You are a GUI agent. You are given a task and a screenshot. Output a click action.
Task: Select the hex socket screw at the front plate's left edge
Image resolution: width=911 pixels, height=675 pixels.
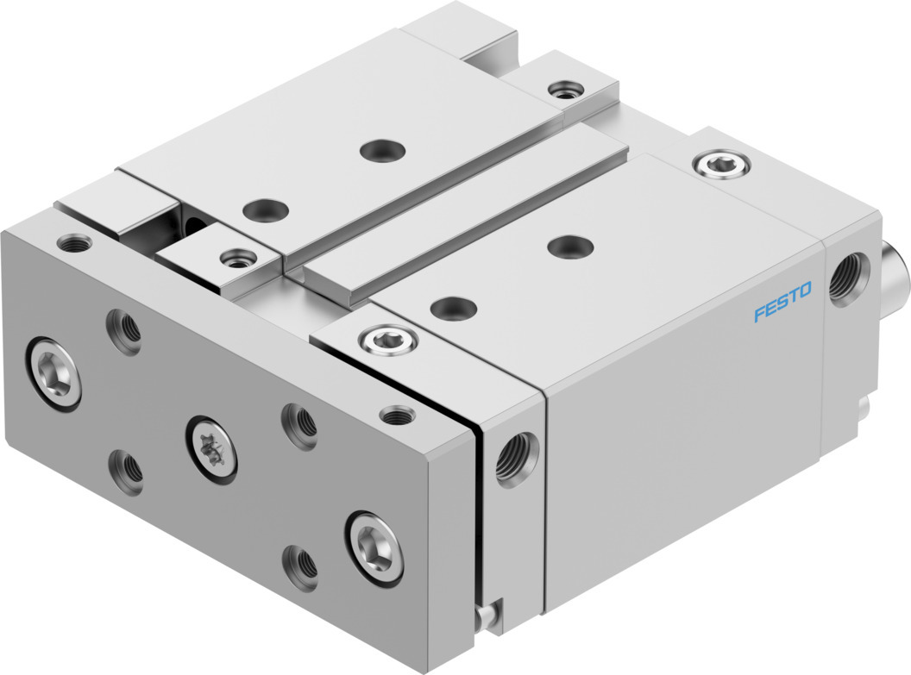[x=53, y=374]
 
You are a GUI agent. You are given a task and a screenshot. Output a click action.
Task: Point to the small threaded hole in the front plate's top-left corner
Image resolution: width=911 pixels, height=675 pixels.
[x=75, y=242]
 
